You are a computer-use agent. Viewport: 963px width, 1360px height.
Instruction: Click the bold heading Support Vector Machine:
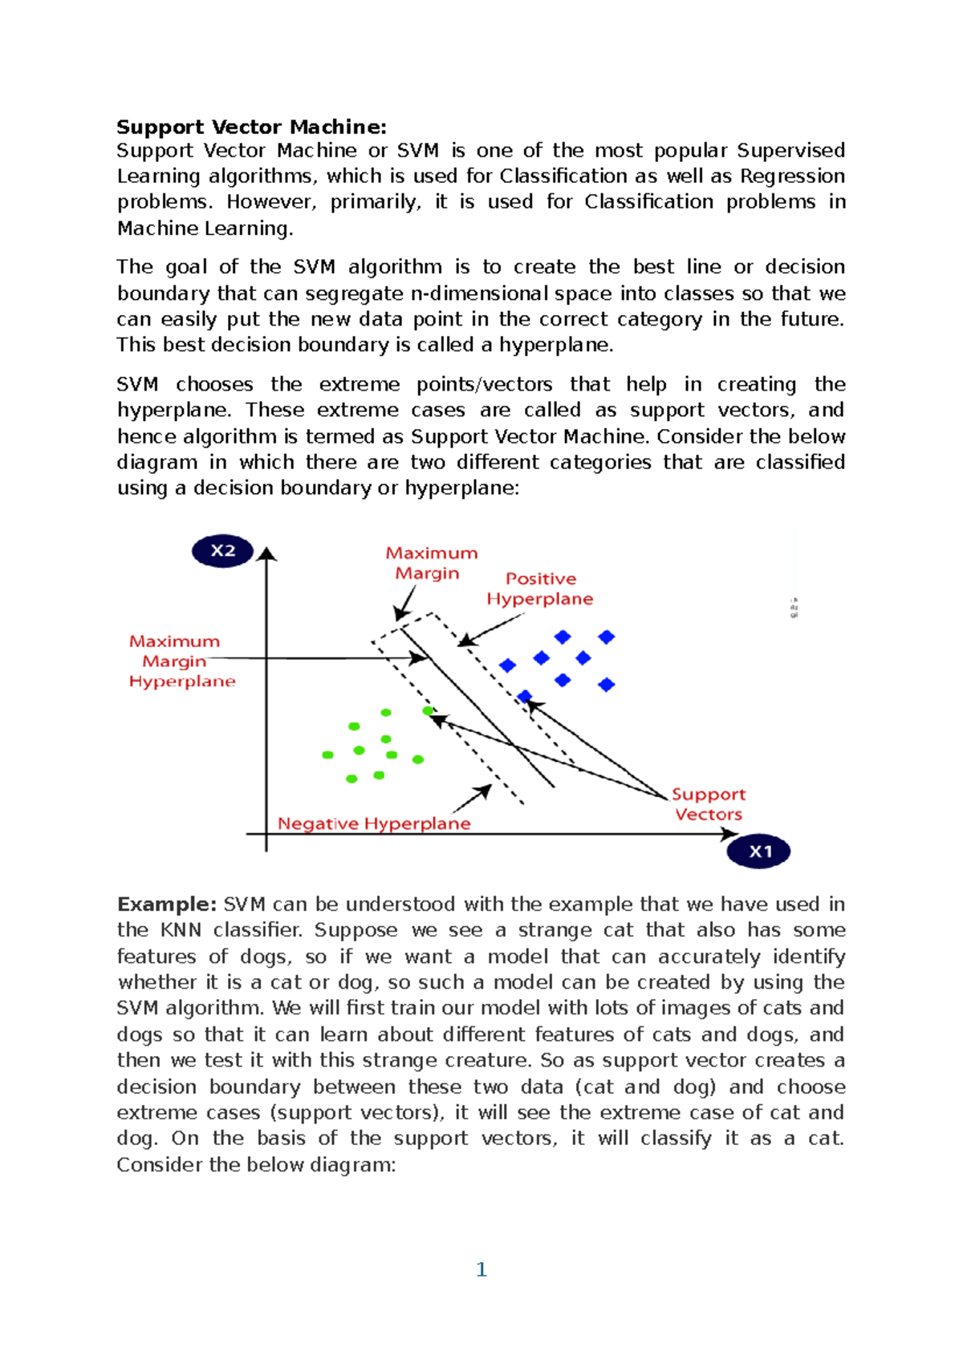[x=251, y=127]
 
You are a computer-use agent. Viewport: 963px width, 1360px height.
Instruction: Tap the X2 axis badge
[x=223, y=551]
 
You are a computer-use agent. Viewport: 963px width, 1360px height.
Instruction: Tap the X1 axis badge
[x=758, y=852]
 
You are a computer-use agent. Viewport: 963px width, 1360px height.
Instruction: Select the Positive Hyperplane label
[x=540, y=589]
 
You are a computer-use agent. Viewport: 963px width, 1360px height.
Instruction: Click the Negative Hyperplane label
[x=374, y=824]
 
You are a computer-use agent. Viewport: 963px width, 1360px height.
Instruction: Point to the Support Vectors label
[x=709, y=803]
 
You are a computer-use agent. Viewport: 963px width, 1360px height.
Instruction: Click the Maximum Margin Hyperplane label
[x=182, y=662]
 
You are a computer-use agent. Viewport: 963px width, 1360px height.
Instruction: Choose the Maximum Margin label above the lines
[x=431, y=563]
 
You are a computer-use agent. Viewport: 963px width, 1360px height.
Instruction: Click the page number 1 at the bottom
[x=481, y=1269]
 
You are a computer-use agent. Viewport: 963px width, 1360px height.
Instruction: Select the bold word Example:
[x=166, y=905]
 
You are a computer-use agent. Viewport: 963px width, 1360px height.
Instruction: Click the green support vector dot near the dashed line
[x=428, y=710]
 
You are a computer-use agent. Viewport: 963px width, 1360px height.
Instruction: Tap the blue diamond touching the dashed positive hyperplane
[x=524, y=696]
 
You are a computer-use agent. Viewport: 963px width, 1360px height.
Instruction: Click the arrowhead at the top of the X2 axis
[x=266, y=553]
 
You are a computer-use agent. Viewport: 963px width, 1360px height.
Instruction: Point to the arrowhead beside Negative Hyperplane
[x=485, y=791]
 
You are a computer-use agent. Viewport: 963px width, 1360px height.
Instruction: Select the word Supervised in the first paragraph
[x=790, y=151]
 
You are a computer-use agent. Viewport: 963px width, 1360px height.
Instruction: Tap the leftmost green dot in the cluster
[x=327, y=755]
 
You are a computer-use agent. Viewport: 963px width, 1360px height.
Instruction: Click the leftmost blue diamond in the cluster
[x=507, y=665]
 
